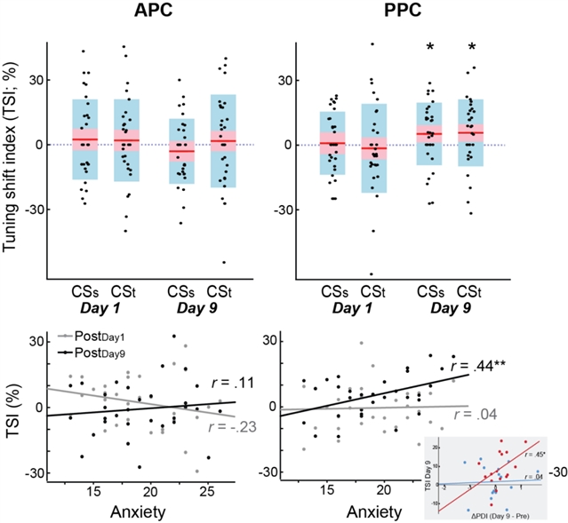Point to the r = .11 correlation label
(222, 384)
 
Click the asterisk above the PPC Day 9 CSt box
(472, 46)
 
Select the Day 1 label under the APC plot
(100, 306)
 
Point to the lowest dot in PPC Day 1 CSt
(372, 274)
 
